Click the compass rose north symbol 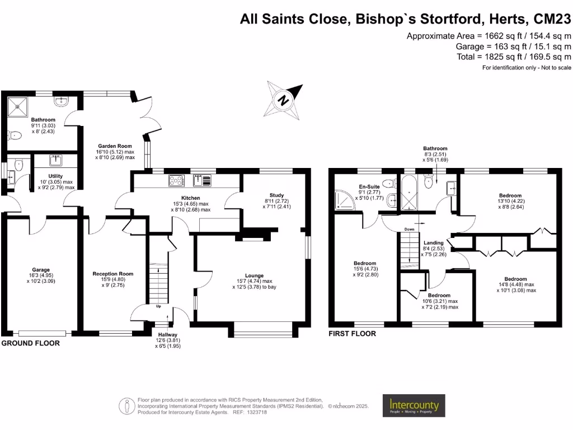click(x=283, y=100)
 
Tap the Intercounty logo click(x=414, y=405)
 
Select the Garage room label click(x=40, y=270)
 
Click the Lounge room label click(x=255, y=275)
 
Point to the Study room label click(x=276, y=195)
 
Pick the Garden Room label click(x=115, y=146)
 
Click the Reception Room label click(x=113, y=273)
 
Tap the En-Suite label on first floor click(x=369, y=186)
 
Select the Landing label click(x=434, y=243)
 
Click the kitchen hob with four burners click(x=176, y=181)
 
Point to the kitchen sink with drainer click(x=202, y=181)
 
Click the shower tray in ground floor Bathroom click(x=17, y=107)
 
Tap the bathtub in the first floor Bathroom click(x=409, y=193)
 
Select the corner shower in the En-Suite click(x=345, y=200)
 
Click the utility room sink click(x=55, y=160)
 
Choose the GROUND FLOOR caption click(x=30, y=343)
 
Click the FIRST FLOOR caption click(x=353, y=334)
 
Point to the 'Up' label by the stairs click(x=158, y=306)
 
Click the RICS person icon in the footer click(x=127, y=406)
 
